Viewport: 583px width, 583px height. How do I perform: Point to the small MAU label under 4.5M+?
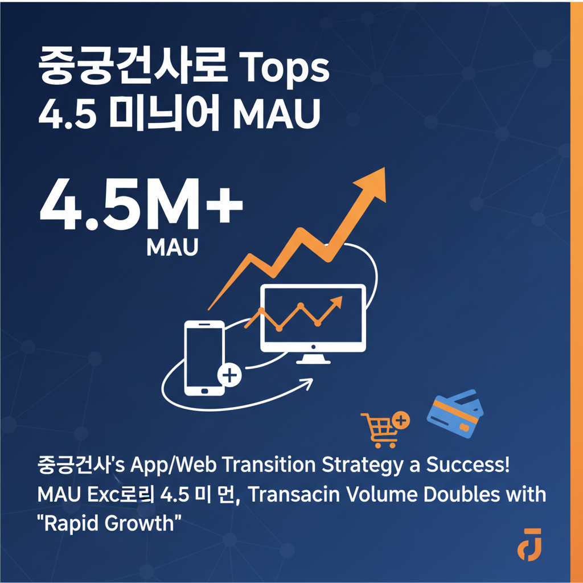pyautogui.click(x=172, y=247)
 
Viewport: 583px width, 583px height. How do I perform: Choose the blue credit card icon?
pyautogui.click(x=455, y=413)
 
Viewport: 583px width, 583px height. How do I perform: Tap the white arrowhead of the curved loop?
pyautogui.click(x=308, y=382)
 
